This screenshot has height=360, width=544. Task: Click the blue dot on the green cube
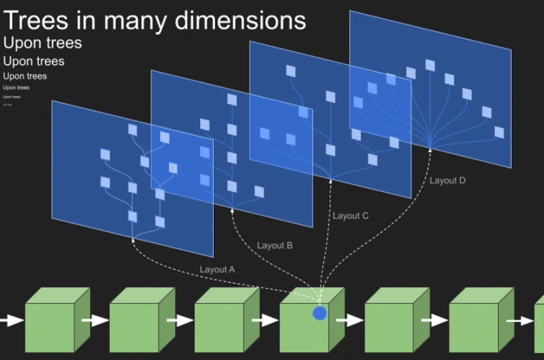pos(319,313)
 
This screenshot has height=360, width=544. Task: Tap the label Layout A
pos(217,269)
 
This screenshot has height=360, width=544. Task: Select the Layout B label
pos(274,246)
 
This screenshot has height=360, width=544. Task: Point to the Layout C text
pos(350,215)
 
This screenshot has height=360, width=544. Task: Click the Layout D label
pos(448,180)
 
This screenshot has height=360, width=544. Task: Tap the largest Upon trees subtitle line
pos(42,43)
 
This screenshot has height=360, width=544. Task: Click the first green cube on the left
pos(50,325)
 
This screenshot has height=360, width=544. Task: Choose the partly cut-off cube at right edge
pos(538,324)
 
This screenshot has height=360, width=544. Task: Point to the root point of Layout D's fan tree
pos(430,148)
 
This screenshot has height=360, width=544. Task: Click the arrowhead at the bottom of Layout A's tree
pos(133,239)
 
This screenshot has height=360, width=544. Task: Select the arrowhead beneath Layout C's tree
pos(330,180)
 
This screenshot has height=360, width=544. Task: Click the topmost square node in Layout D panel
pos(430,66)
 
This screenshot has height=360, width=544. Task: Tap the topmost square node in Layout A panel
pos(132,130)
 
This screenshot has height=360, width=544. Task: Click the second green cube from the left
pos(135,325)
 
